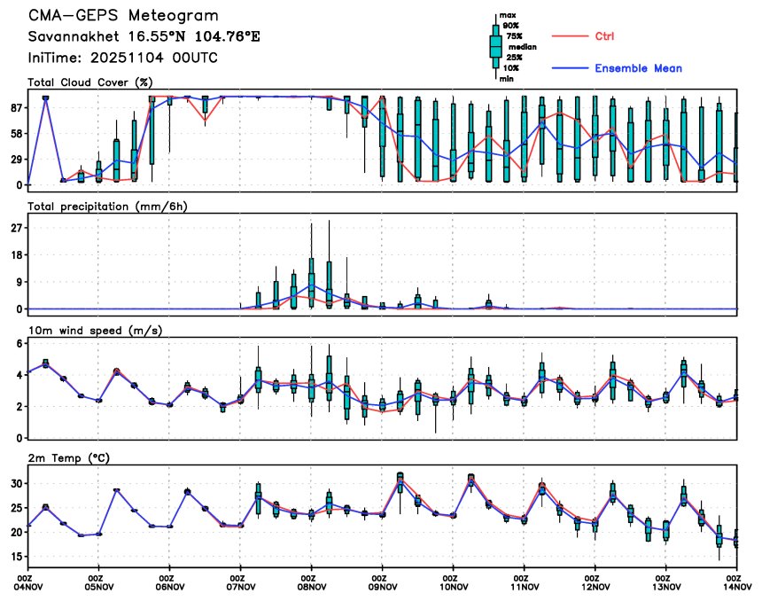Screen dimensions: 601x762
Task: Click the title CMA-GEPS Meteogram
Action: point(122,17)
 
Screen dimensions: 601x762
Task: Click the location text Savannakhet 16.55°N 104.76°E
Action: point(144,37)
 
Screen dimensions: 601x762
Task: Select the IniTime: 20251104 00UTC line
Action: point(122,58)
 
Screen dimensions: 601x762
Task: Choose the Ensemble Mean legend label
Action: point(638,68)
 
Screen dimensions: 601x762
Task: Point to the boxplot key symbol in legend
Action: point(496,46)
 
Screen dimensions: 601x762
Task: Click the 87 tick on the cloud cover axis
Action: point(16,107)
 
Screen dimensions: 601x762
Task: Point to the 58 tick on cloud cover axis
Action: point(16,133)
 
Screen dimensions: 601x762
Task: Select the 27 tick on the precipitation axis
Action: point(16,228)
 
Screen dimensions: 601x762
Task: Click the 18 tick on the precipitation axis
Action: point(16,255)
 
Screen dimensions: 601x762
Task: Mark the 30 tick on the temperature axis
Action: point(16,483)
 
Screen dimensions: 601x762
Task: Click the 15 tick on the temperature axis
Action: point(16,557)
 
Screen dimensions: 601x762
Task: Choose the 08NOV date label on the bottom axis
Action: point(311,586)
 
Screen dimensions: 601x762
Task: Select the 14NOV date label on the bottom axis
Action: point(737,586)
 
